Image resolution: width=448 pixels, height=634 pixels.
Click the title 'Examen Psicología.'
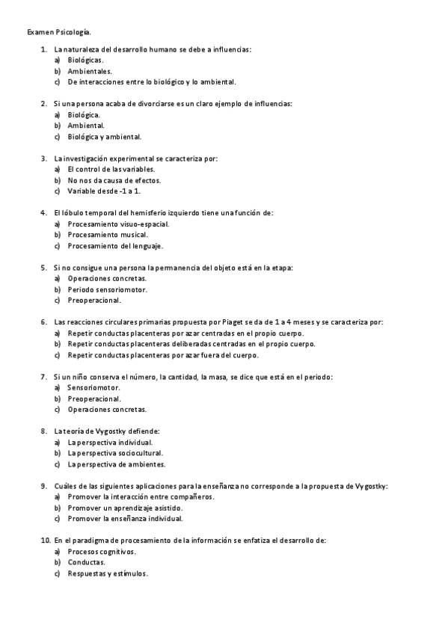(x=59, y=33)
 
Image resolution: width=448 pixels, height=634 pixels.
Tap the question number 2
(x=44, y=103)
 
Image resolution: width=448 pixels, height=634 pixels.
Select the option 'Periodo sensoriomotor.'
(x=107, y=289)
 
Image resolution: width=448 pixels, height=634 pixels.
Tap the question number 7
(x=44, y=377)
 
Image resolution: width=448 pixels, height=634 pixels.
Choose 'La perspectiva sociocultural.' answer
(x=115, y=453)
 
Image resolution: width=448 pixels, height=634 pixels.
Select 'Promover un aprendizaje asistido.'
(x=125, y=508)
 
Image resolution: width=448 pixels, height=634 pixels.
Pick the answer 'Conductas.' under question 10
(x=87, y=562)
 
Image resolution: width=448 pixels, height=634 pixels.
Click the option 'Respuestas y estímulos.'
(x=108, y=573)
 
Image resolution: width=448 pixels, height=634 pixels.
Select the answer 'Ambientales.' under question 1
(x=89, y=71)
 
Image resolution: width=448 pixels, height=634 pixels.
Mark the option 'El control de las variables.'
(x=111, y=170)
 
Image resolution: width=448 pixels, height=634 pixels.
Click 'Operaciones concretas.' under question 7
(x=107, y=410)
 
